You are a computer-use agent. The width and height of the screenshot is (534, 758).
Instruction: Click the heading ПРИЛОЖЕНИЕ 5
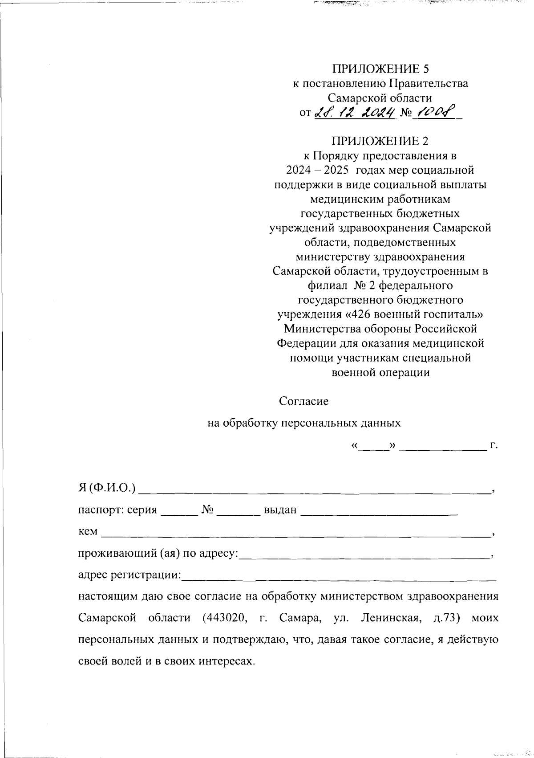coord(381,69)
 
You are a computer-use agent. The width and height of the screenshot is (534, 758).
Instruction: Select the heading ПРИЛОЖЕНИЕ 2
coord(381,141)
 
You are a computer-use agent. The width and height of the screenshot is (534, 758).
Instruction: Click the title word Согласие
coord(303,401)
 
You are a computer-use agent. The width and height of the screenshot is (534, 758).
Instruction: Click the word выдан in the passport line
coord(280,510)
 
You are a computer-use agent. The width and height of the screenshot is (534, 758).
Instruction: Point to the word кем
coord(87,531)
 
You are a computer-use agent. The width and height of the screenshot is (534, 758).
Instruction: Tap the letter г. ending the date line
coord(493,445)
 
